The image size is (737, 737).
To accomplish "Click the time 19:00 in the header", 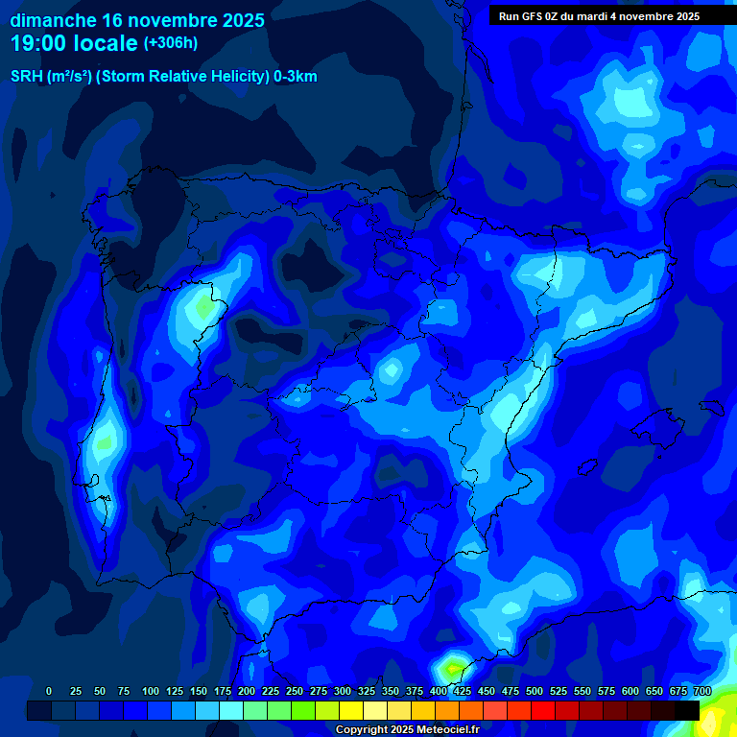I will tap(37, 42).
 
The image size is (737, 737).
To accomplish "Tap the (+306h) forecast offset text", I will tap(170, 43).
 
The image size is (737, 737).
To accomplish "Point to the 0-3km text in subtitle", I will tap(296, 77).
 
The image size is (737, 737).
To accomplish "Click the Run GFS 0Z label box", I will tap(599, 16).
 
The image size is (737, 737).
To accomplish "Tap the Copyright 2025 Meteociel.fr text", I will tap(407, 729).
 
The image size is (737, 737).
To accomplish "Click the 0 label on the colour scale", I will tap(49, 691).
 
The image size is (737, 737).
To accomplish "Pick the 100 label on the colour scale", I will tap(151, 691).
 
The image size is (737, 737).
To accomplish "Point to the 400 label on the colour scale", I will tap(439, 691).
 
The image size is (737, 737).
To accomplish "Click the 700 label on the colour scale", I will tap(702, 691).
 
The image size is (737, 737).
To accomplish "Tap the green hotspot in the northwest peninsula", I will tap(203, 309).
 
